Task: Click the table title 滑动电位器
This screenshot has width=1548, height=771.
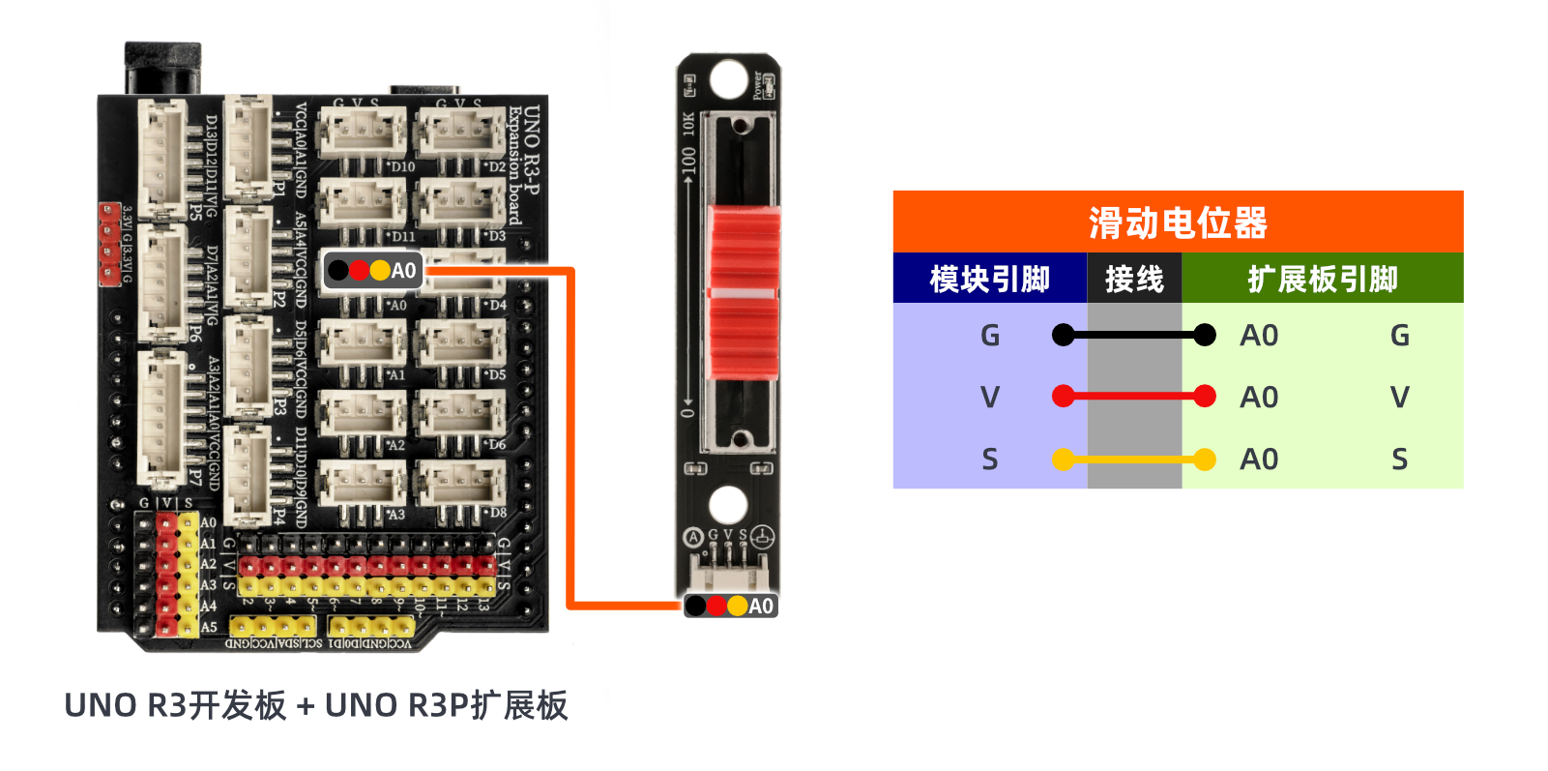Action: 1178,222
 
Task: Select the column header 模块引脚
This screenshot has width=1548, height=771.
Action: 989,280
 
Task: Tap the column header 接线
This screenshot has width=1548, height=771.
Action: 1134,280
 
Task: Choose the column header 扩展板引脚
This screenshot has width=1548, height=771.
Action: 1322,280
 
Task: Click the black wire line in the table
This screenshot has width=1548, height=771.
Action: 1134,336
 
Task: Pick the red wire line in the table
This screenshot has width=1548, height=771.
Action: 1134,396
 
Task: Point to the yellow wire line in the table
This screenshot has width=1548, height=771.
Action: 1134,460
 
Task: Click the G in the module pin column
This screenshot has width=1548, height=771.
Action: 989,336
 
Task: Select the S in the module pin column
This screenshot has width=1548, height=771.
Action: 989,460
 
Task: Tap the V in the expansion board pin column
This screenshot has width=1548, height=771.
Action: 1399,397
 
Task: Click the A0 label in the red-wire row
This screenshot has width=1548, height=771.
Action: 1259,397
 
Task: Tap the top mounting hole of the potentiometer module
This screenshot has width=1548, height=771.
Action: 727,80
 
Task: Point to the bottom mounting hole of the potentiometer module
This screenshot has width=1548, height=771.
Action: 727,504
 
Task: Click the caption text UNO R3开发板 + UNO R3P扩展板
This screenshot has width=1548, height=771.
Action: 315,705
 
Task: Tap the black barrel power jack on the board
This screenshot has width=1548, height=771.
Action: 162,68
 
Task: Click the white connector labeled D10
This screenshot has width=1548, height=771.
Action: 363,133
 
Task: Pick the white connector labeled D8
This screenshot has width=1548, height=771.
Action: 462,482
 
